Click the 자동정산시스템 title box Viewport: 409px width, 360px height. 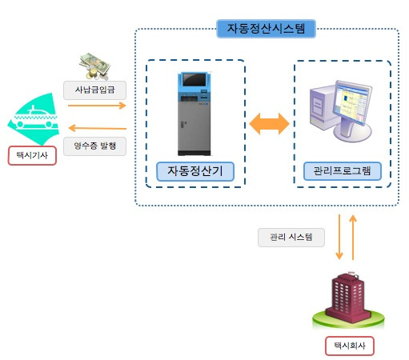(x=266, y=29)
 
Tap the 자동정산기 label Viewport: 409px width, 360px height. (x=195, y=171)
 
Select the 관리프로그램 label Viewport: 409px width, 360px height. (x=343, y=171)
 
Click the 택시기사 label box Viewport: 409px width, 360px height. (x=32, y=155)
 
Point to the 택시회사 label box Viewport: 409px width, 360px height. (x=350, y=346)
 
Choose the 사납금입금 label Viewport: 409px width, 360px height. (x=94, y=90)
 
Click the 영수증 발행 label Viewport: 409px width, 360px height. (x=94, y=146)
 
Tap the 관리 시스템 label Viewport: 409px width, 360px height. (x=291, y=238)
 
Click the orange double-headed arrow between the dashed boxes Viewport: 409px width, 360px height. (x=269, y=123)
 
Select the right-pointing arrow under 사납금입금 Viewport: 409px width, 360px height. (x=97, y=106)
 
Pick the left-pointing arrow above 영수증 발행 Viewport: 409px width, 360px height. (x=98, y=128)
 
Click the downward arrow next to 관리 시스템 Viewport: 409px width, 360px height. (x=339, y=237)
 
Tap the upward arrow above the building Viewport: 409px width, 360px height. (x=353, y=238)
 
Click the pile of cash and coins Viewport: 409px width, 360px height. (x=94, y=66)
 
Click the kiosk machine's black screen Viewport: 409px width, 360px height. (x=194, y=79)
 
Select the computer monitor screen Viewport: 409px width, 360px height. (x=351, y=103)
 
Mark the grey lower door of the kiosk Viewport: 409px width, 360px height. (x=194, y=126)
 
